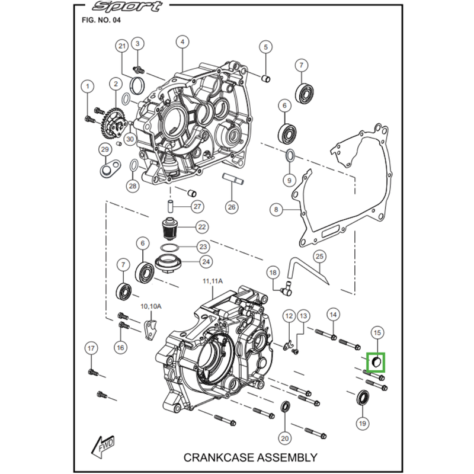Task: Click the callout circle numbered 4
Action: [182, 42]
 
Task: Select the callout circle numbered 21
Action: [122, 47]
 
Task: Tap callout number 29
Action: [104, 149]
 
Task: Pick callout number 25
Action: [319, 257]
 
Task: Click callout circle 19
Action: [362, 423]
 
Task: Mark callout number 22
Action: [202, 227]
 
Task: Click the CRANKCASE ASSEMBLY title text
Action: [251, 457]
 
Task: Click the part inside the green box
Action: [376, 361]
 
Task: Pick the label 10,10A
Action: [150, 306]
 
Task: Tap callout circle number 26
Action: [230, 207]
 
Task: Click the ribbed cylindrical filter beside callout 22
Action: [171, 228]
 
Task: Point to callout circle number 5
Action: [265, 47]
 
